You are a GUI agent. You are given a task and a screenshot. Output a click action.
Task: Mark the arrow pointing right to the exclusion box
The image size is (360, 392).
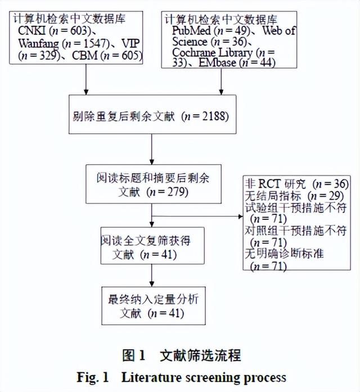pyautogui.click(x=197, y=215)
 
